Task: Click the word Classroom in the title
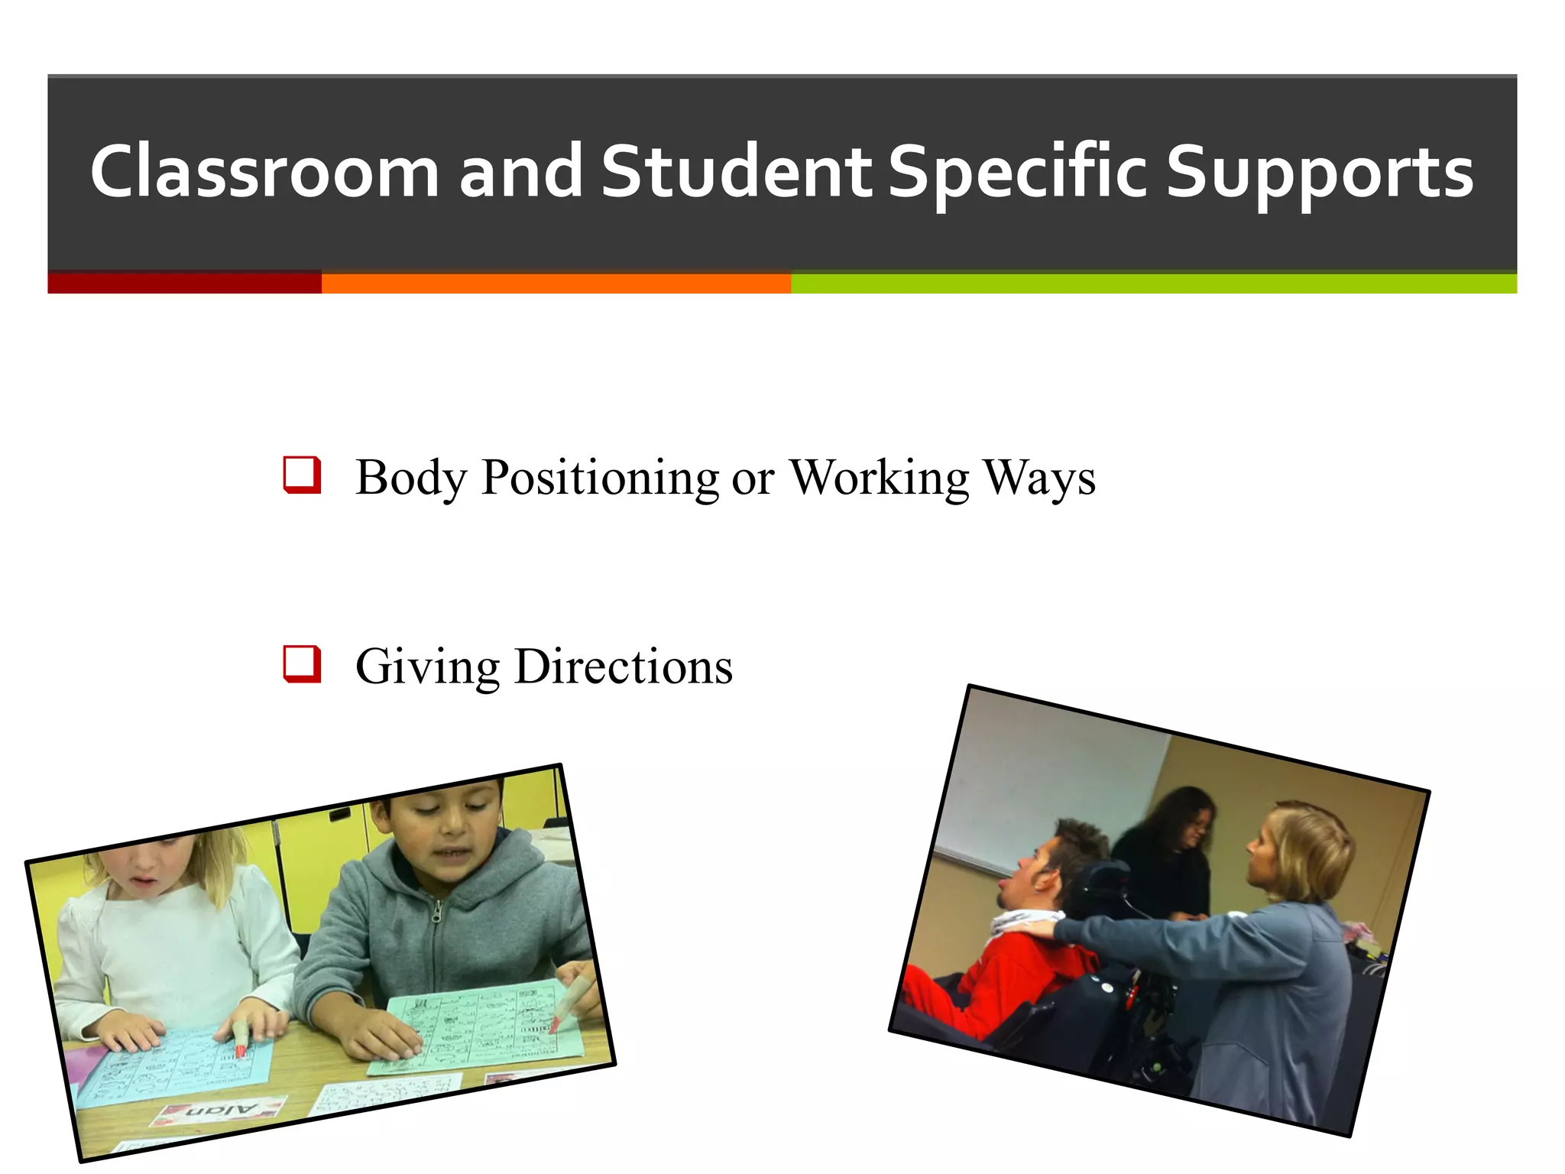[x=264, y=173]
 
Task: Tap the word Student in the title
[x=736, y=173]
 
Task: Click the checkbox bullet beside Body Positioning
[x=302, y=475]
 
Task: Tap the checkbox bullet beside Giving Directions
[x=302, y=663]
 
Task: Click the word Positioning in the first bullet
[x=600, y=478]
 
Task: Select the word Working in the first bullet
[x=879, y=478]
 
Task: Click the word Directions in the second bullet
[x=624, y=666]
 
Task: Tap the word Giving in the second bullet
[x=428, y=666]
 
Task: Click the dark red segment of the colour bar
[x=184, y=283]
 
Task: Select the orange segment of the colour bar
[x=556, y=283]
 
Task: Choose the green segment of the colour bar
[x=1153, y=283]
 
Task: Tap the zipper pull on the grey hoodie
[x=436, y=914]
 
